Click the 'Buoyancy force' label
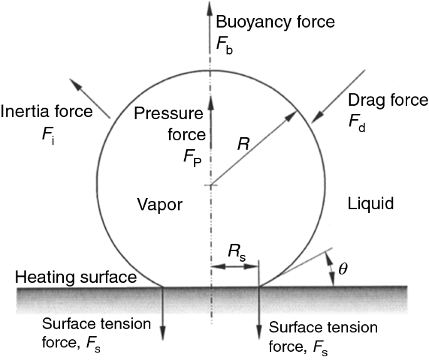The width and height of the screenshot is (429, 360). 275,23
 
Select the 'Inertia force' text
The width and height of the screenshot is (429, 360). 47,113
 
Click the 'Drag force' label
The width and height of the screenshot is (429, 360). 389,100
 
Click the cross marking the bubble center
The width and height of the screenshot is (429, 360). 211,185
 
